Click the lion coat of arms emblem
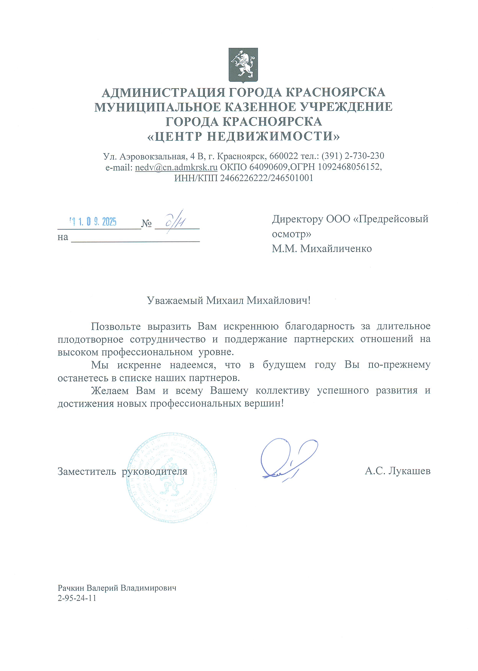tap(243, 65)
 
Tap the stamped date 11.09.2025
tap(93, 222)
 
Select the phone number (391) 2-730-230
tap(353, 156)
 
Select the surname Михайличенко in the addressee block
tap(336, 249)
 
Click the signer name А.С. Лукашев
tap(397, 471)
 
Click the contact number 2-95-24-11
tap(77, 598)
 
